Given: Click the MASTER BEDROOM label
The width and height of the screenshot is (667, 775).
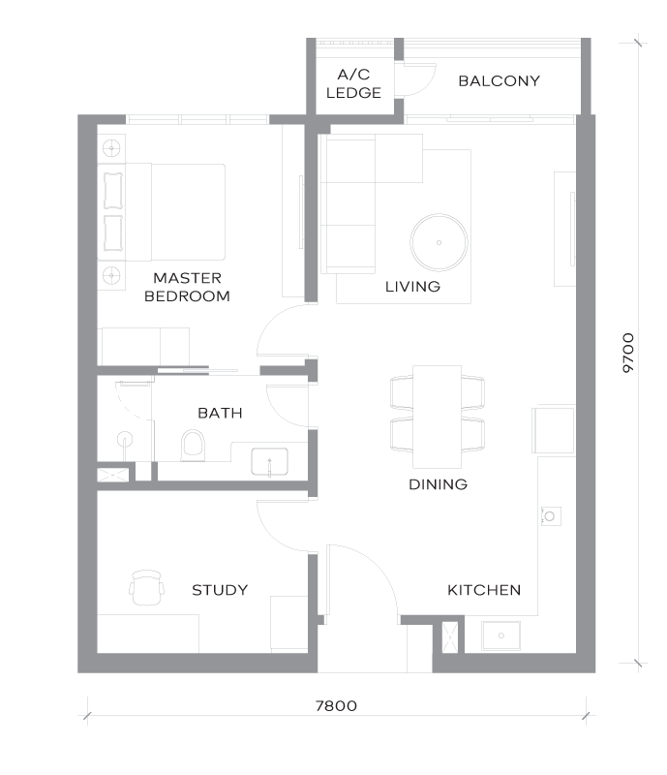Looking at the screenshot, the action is pyautogui.click(x=187, y=287).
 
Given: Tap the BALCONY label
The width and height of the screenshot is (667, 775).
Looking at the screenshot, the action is pyautogui.click(x=499, y=81).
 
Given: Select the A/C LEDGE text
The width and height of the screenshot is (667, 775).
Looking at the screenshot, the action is pyautogui.click(x=353, y=83).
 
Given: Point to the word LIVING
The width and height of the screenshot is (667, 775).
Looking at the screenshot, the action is pyautogui.click(x=412, y=287).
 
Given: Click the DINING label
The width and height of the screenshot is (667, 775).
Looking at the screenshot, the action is pyautogui.click(x=439, y=484).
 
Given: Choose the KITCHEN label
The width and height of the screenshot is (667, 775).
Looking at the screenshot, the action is pyautogui.click(x=484, y=590).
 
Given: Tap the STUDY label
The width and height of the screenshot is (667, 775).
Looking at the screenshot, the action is pyautogui.click(x=220, y=590).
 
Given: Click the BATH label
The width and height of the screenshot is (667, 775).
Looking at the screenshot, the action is pyautogui.click(x=220, y=414).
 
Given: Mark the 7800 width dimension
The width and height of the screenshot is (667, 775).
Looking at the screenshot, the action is pyautogui.click(x=337, y=706).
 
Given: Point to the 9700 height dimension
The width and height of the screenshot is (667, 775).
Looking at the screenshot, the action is pyautogui.click(x=628, y=353).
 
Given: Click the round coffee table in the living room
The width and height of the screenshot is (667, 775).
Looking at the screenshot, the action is pyautogui.click(x=439, y=243).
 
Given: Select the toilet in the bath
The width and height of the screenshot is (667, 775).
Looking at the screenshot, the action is pyautogui.click(x=193, y=446).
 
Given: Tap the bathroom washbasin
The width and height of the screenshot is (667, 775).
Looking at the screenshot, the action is pyautogui.click(x=269, y=462).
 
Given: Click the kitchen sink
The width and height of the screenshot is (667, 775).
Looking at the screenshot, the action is pyautogui.click(x=501, y=635).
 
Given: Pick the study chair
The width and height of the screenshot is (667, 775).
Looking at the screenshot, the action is pyautogui.click(x=146, y=588).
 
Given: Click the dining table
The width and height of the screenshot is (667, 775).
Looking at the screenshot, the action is pyautogui.click(x=438, y=417).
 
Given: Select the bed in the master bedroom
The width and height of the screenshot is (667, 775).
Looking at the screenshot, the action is pyautogui.click(x=162, y=212).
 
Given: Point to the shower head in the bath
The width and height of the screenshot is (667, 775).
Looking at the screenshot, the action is pyautogui.click(x=125, y=439).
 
